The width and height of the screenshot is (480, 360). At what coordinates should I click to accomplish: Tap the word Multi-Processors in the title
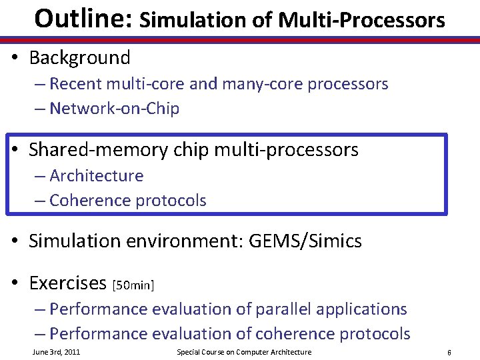tap(361, 20)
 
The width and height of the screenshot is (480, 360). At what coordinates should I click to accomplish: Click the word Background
tap(79, 58)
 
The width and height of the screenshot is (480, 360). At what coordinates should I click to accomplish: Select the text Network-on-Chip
tap(114, 109)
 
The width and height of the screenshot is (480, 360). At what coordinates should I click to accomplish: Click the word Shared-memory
tap(98, 150)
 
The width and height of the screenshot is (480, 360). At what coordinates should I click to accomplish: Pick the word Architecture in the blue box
tap(96, 176)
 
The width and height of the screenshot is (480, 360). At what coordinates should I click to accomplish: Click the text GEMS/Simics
tap(305, 241)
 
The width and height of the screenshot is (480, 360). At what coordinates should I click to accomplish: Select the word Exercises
tap(67, 283)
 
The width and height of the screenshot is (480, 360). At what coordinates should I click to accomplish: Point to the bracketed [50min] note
tap(133, 285)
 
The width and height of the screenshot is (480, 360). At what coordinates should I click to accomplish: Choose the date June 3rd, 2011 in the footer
tap(56, 352)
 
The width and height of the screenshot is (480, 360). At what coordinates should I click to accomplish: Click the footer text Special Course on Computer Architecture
tap(243, 352)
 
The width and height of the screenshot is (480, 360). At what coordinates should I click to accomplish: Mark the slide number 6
tap(449, 352)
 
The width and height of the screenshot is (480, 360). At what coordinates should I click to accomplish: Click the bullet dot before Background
tap(15, 59)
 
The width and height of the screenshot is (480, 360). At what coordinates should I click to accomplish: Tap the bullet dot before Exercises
tap(15, 284)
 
